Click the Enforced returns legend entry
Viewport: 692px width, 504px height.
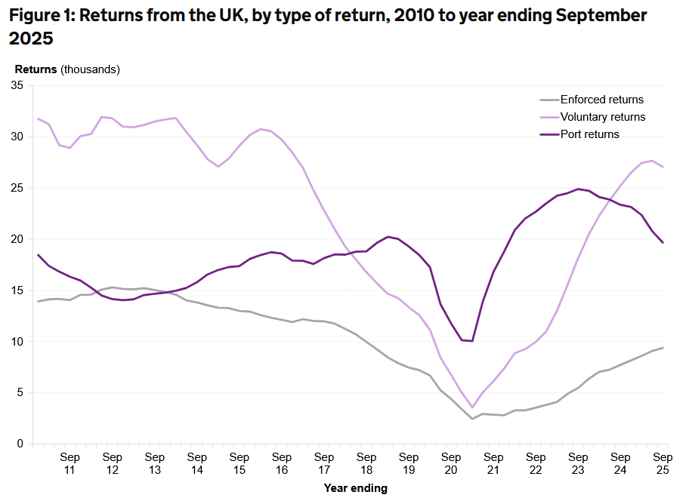pos(602,100)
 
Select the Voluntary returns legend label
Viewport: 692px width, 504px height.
pos(603,117)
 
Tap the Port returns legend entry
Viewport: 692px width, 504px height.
pos(589,134)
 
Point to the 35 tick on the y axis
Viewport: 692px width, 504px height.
pos(17,86)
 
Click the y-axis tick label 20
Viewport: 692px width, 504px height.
pos(17,239)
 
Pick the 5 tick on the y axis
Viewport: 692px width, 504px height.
pos(20,392)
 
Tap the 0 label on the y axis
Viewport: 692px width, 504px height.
pos(20,444)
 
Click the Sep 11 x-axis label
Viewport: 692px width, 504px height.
pos(70,463)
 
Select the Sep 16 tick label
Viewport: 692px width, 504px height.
pos(282,463)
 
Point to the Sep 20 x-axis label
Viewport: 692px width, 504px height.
pos(451,463)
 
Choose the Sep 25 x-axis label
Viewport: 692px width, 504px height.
pos(663,463)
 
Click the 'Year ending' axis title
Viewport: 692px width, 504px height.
pos(355,488)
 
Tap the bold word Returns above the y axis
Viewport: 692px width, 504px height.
pos(36,69)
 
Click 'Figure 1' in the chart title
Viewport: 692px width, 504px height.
pos(43,16)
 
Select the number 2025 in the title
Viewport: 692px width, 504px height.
pos(32,38)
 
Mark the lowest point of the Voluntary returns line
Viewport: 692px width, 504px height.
pos(472,407)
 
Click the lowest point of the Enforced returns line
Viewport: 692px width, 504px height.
pos(472,419)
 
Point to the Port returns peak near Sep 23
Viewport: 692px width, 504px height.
pos(578,189)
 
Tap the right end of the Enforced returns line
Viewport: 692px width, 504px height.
pos(663,348)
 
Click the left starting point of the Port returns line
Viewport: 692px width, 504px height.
pos(38,254)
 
